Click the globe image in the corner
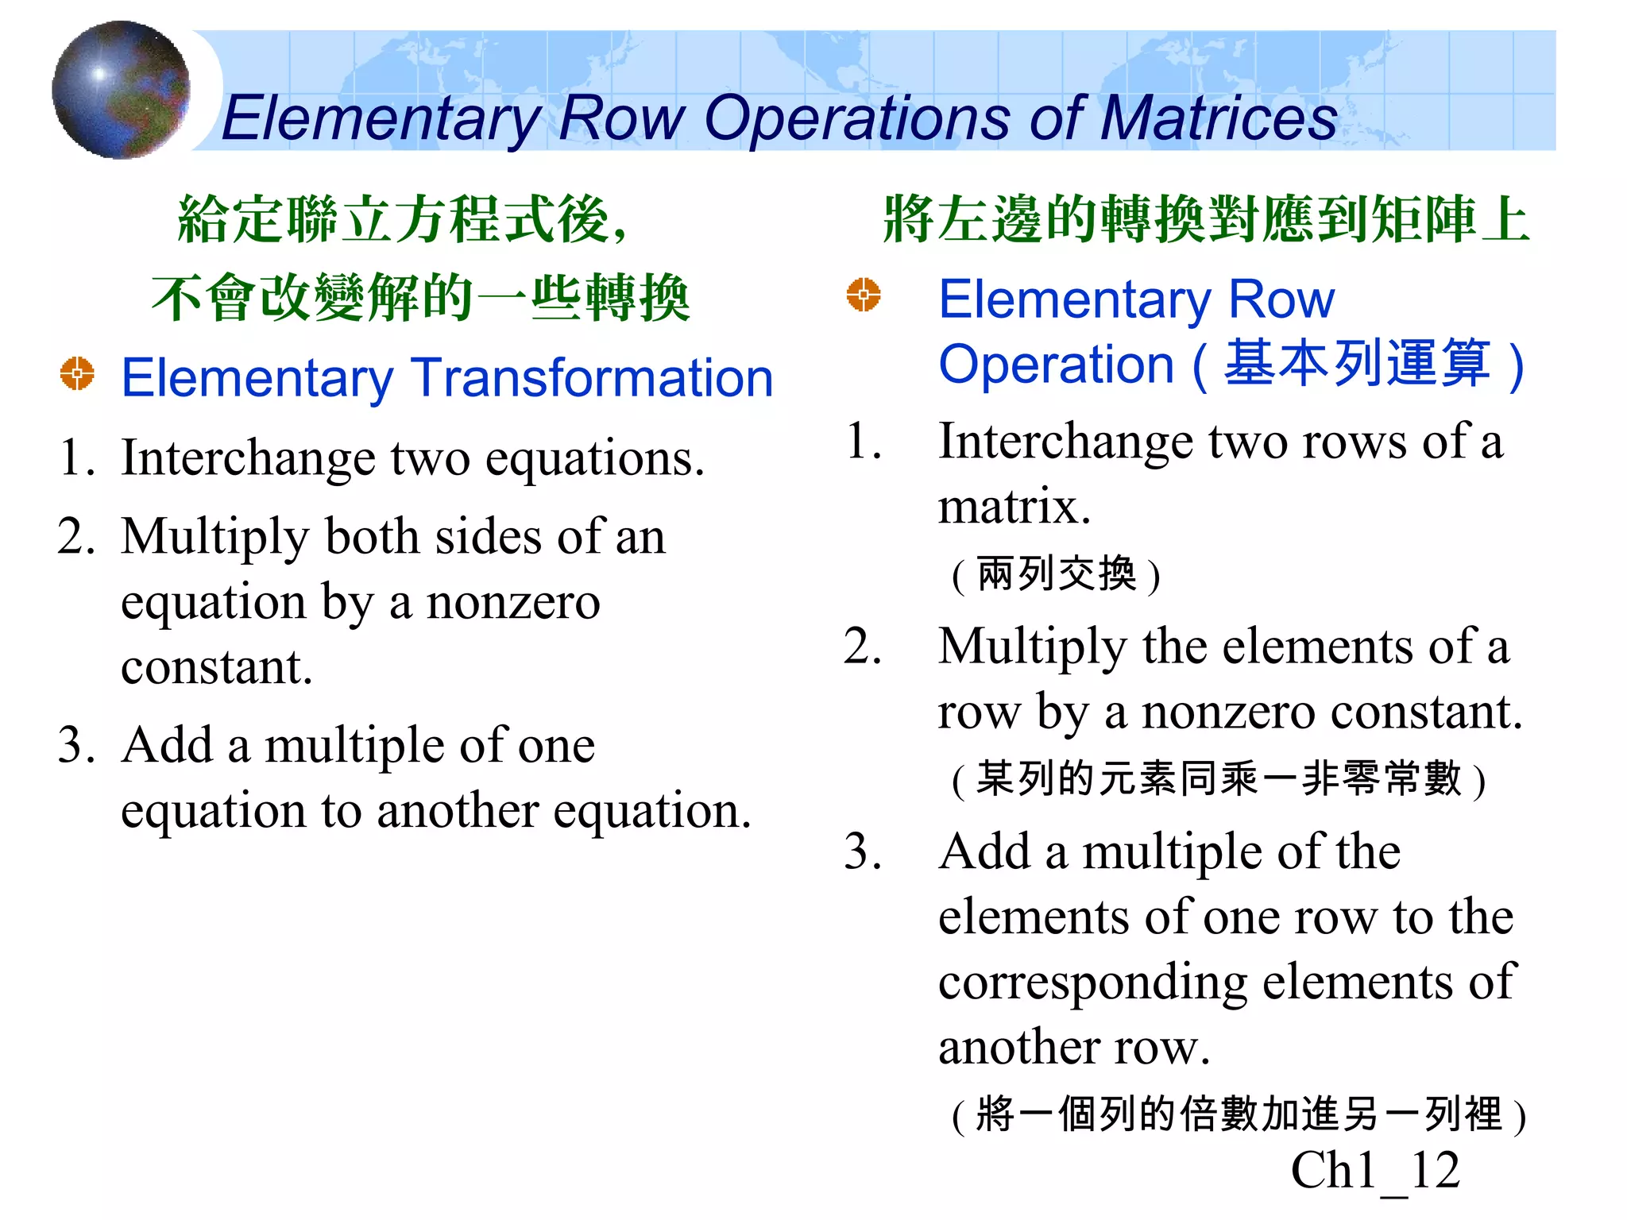(x=121, y=90)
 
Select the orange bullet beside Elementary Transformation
(x=77, y=373)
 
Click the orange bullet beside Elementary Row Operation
(x=864, y=295)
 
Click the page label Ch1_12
(x=1375, y=1170)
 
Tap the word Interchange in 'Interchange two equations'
(x=248, y=458)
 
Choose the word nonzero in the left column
(x=513, y=602)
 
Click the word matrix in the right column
(x=1014, y=506)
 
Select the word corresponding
(x=1093, y=982)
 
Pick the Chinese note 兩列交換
(x=1057, y=573)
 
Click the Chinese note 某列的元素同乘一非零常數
(x=1219, y=778)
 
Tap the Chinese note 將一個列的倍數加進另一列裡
(x=1239, y=1114)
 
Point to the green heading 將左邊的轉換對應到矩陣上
(x=1206, y=219)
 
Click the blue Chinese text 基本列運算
(x=1357, y=364)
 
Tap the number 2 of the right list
(x=862, y=646)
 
